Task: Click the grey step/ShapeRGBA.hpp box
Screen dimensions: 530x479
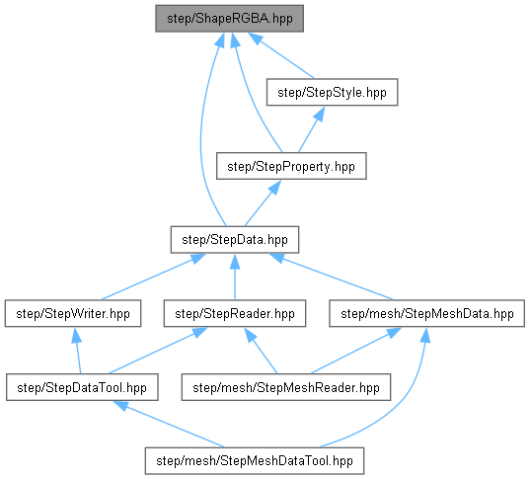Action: pyautogui.click(x=229, y=19)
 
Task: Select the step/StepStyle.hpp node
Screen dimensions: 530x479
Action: pyautogui.click(x=332, y=93)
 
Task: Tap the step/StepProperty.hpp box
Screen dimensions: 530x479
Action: pyautogui.click(x=291, y=166)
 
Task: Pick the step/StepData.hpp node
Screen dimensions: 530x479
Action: pyautogui.click(x=235, y=240)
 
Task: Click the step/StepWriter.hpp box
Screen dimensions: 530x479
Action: pyautogui.click(x=73, y=314)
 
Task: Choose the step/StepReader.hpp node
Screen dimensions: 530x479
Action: pyautogui.click(x=235, y=314)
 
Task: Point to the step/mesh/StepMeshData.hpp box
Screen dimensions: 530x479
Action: pyautogui.click(x=427, y=314)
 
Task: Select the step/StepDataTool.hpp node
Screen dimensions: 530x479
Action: pyautogui.click(x=82, y=387)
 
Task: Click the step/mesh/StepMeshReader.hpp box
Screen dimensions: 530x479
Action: pyautogui.click(x=286, y=387)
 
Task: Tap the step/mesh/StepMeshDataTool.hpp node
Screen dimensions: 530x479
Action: pyautogui.click(x=255, y=461)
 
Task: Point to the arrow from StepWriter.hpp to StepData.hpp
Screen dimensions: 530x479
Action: pyautogui.click(x=153, y=277)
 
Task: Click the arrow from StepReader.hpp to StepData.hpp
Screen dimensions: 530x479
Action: pyautogui.click(x=235, y=277)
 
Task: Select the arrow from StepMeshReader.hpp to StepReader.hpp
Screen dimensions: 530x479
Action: pyautogui.click(x=261, y=351)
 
